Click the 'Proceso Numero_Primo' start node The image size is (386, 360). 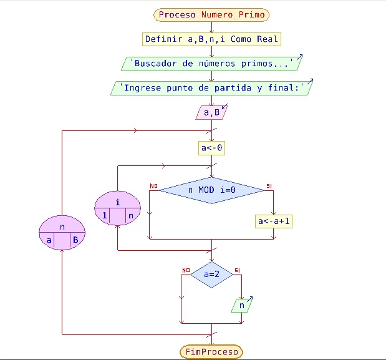[212, 14]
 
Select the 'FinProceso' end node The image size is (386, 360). [212, 352]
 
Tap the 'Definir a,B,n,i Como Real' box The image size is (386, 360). [212, 39]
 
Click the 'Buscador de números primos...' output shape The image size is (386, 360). [212, 63]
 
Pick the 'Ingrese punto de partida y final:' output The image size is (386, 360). [212, 88]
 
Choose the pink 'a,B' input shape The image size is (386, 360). [212, 113]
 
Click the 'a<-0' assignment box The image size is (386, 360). [212, 148]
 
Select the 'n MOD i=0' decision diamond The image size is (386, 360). [211, 190]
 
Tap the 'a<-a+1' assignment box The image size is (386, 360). [274, 221]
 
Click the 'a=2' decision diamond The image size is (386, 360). [211, 274]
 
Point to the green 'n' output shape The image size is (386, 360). [241, 306]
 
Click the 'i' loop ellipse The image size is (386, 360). [118, 202]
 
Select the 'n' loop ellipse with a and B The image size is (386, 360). [62, 228]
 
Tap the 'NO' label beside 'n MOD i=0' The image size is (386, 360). [153, 185]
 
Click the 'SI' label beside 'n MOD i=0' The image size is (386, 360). [269, 186]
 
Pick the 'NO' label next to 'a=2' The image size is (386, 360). [185, 270]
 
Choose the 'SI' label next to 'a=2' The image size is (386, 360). [237, 270]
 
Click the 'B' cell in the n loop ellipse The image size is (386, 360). [74, 239]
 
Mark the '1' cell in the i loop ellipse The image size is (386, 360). [104, 216]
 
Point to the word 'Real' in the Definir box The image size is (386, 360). [267, 39]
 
